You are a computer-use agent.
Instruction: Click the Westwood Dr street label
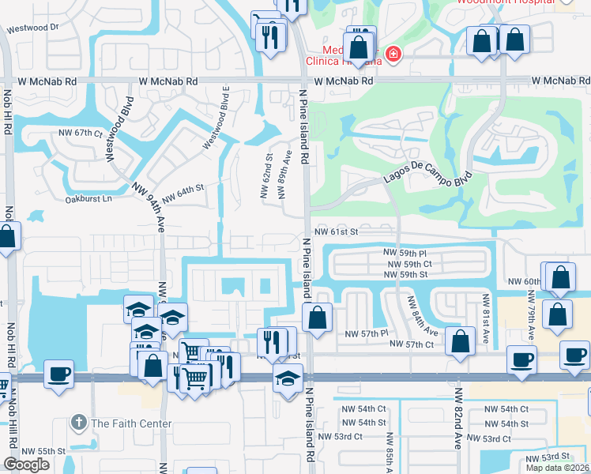[x=33, y=28]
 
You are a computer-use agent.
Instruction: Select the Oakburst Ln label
[x=90, y=199]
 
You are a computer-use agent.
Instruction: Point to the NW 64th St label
[x=183, y=192]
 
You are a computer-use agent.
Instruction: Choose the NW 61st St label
[x=336, y=231]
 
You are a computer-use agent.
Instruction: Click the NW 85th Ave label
[x=389, y=453]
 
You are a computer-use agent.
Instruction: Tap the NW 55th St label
[x=43, y=450]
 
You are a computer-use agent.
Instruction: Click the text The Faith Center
[x=131, y=423]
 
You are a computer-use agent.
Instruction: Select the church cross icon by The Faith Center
[x=78, y=423]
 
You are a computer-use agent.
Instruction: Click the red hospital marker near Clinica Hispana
[x=393, y=55]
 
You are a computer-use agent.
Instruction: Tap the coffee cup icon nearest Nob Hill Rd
[x=59, y=374]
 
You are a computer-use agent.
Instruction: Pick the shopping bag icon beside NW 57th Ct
[x=460, y=341]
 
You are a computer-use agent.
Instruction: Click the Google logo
[x=26, y=464]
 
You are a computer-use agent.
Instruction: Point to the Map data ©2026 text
[x=557, y=468]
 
